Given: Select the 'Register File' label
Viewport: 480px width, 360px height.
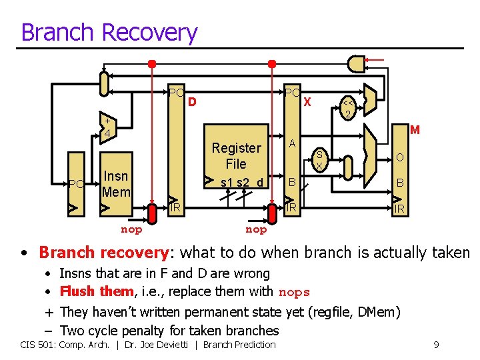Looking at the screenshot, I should [236, 155].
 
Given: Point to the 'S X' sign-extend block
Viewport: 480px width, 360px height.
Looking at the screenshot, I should [319, 159].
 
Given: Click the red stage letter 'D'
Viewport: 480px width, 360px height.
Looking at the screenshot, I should [192, 103].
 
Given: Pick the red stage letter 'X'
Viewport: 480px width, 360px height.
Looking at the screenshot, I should [307, 103].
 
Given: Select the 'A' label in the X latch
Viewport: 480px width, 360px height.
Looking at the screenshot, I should [292, 143].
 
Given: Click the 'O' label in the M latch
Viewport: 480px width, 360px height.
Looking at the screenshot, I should [399, 157].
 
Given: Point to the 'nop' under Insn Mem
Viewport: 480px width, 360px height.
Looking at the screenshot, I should [131, 229].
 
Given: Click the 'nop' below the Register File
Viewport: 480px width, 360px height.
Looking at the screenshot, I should [256, 229].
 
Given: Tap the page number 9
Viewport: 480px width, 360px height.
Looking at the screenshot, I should [435, 345].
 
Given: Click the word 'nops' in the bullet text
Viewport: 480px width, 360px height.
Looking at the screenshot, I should [294, 292].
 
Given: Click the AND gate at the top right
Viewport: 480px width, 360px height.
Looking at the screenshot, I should [357, 64].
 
